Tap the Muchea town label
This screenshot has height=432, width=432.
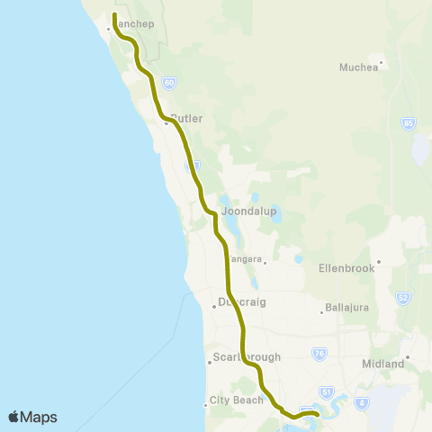(359, 67)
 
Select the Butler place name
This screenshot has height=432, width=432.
(185, 118)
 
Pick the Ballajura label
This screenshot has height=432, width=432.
(346, 311)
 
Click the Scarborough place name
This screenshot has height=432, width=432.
(248, 357)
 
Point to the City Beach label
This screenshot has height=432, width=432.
(233, 400)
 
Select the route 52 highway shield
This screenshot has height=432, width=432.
(403, 297)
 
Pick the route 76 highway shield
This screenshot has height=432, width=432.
(319, 353)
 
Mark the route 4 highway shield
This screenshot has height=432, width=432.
(361, 401)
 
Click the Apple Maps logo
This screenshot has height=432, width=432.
(32, 417)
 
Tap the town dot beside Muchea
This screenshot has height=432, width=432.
(382, 62)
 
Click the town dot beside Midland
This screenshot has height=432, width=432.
(407, 357)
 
